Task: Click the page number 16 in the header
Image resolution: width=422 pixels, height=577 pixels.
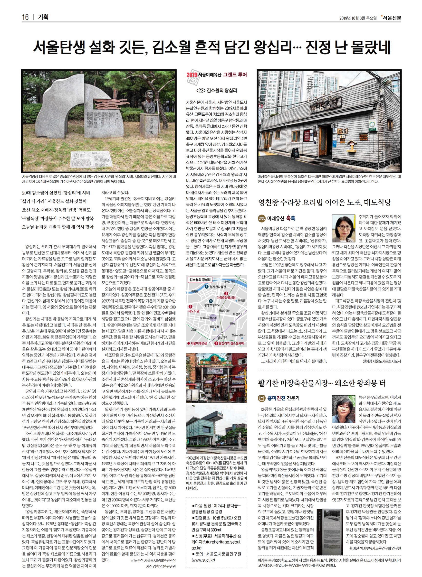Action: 25,17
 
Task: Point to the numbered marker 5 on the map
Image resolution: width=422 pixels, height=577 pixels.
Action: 206,287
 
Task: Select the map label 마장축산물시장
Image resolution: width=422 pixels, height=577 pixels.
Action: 226,298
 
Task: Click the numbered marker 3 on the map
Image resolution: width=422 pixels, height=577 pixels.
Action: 211,301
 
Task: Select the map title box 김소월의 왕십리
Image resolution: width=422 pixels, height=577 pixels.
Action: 200,280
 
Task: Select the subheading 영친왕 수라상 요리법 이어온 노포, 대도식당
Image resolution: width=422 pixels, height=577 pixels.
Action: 325,203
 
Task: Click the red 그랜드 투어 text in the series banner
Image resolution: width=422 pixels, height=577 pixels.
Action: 235,75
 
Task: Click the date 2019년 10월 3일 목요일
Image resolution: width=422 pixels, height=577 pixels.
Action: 358,18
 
